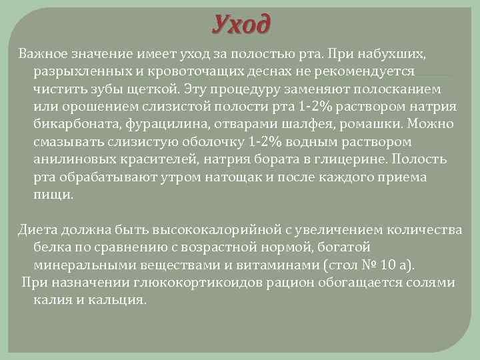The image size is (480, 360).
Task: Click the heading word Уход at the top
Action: point(242,25)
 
